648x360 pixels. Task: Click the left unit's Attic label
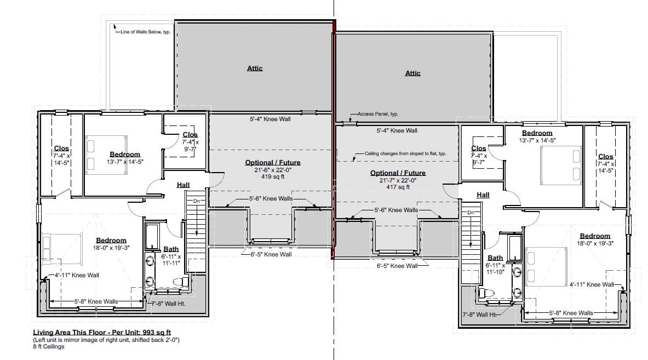(255, 68)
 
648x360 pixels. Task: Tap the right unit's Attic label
(412, 73)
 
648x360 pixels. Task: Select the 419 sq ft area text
(273, 176)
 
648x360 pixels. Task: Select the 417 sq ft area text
(398, 187)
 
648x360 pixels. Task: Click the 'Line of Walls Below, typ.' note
(146, 32)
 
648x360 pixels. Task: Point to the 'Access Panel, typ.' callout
(378, 114)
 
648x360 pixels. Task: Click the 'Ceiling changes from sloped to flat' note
(405, 153)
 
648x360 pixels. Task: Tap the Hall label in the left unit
(183, 185)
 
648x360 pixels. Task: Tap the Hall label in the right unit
(483, 195)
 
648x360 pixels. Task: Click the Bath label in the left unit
(171, 249)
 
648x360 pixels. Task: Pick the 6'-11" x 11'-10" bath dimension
(495, 268)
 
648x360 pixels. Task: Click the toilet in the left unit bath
(181, 282)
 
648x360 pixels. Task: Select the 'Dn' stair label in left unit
(196, 201)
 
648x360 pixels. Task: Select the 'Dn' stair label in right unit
(471, 213)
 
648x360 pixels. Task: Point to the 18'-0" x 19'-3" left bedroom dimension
(111, 248)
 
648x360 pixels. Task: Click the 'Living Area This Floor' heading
(102, 332)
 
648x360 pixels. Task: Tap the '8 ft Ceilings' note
(49, 346)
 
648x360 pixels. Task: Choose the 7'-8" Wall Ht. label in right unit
(479, 315)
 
